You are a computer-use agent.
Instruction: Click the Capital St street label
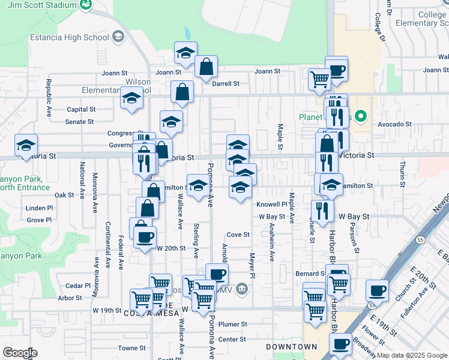tap(81, 109)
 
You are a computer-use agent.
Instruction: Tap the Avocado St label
tap(394, 125)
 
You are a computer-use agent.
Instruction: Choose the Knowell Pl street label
tap(273, 204)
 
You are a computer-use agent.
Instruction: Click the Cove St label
tap(238, 235)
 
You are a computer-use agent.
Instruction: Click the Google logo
tap(19, 353)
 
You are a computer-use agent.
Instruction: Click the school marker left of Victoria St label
tap(26, 145)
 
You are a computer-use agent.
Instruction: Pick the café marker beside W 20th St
tap(145, 237)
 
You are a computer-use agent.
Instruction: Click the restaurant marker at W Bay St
tap(323, 210)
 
